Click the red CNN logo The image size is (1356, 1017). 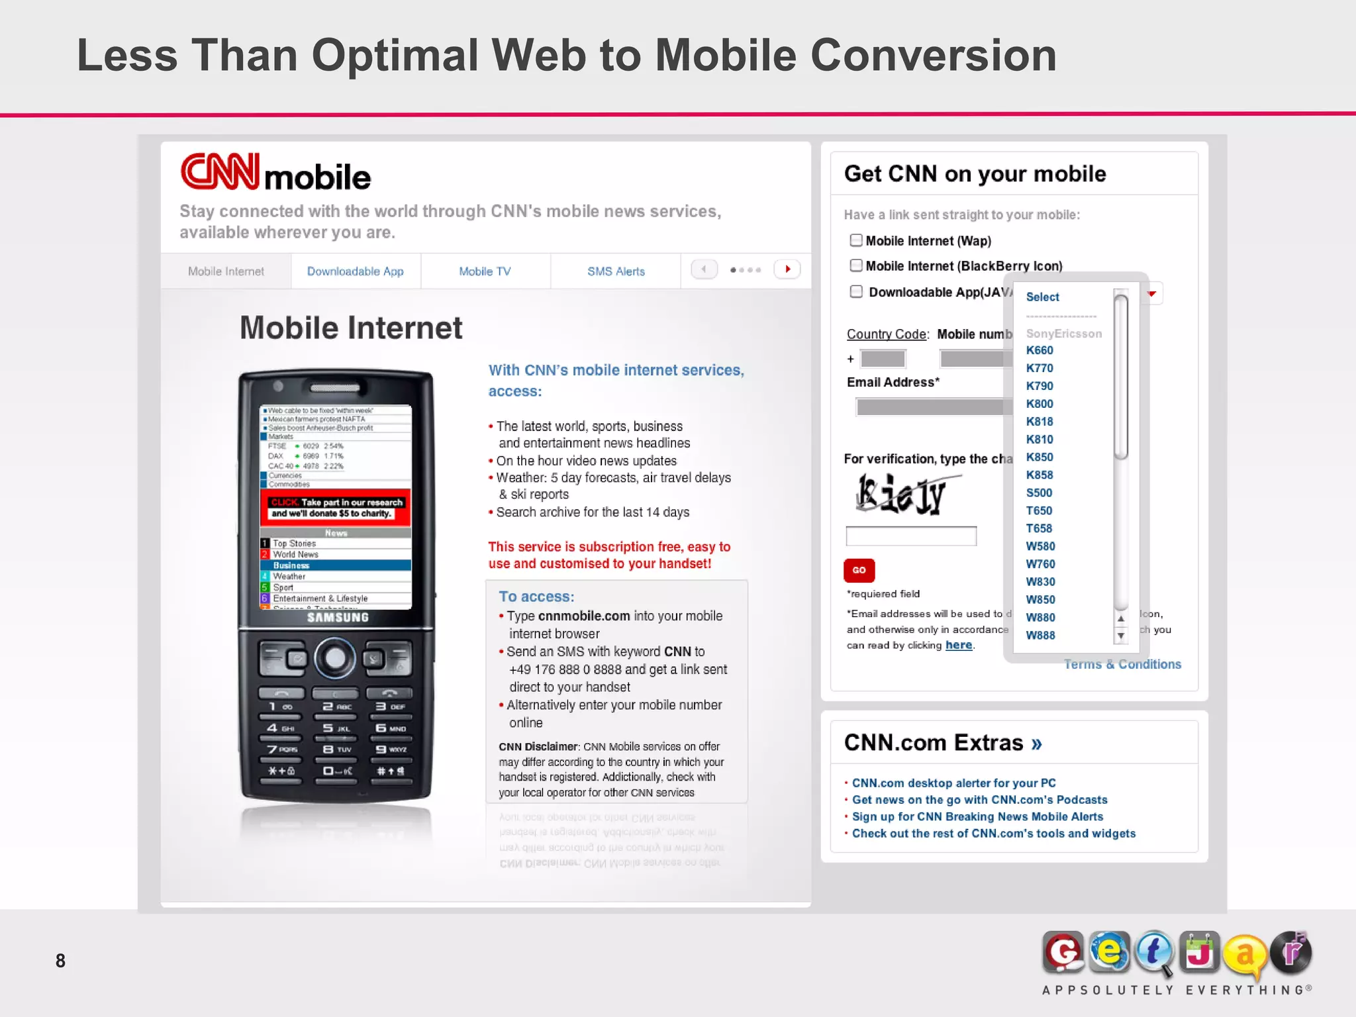(220, 172)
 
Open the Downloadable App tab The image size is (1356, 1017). (355, 271)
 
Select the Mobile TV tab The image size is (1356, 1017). (485, 271)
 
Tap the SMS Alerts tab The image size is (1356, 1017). (616, 271)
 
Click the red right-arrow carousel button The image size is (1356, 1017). (787, 269)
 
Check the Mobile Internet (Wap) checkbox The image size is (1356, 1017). (856, 240)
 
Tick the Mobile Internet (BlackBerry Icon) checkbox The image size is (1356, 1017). (856, 266)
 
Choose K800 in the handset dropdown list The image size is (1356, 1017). (1040, 404)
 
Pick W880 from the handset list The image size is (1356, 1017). (1040, 618)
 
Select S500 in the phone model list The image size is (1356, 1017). (1039, 493)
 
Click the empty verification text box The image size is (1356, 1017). (911, 536)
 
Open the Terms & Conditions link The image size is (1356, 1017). (1122, 664)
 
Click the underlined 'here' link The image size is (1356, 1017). (959, 646)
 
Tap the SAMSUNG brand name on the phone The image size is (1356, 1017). (338, 618)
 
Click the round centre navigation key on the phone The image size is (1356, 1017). (335, 658)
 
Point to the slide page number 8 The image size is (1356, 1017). (60, 961)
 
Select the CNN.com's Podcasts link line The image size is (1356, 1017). (979, 800)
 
